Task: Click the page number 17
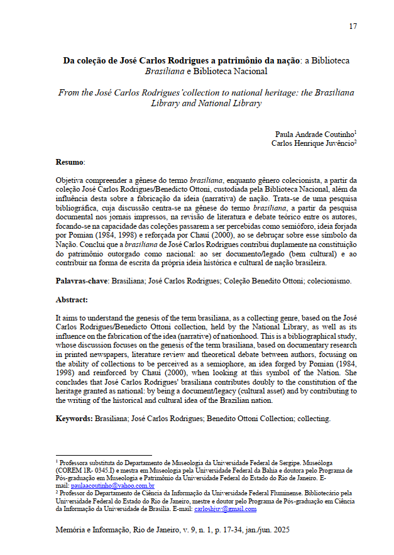click(353, 26)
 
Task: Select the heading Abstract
click(72, 300)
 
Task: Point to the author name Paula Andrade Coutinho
click(314, 134)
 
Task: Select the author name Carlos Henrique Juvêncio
click(312, 143)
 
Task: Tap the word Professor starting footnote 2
click(72, 493)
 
